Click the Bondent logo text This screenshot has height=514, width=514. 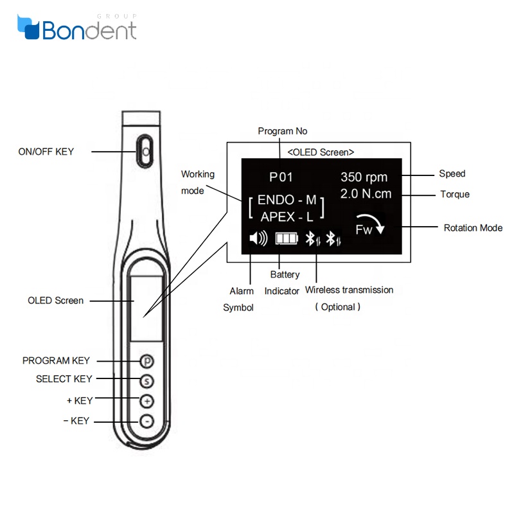[89, 30]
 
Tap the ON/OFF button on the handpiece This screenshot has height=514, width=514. [145, 151]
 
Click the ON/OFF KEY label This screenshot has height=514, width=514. [46, 152]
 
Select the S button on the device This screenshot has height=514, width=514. [146, 380]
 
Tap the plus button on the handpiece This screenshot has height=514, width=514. [146, 401]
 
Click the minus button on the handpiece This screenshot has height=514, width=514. [146, 421]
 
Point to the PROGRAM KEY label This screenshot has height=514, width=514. [56, 361]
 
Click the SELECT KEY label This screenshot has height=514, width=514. [64, 379]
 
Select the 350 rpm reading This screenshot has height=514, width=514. [364, 177]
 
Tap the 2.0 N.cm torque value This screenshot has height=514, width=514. [366, 193]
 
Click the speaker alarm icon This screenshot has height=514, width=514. [258, 239]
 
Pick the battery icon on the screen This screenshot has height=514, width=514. [287, 239]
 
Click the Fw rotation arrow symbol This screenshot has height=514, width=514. [371, 225]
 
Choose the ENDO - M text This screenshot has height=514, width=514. [287, 200]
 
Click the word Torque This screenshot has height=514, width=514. [454, 194]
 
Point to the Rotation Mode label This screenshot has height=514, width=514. [473, 228]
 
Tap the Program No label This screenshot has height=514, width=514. [283, 131]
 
